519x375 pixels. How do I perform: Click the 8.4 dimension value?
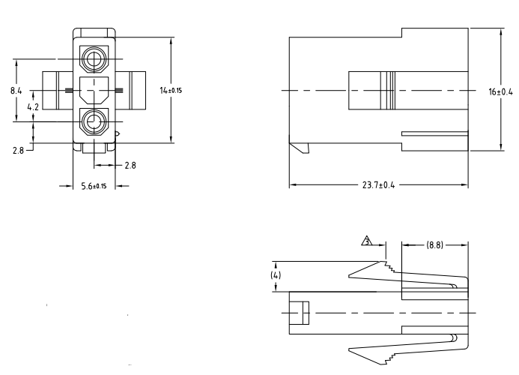[x=16, y=90]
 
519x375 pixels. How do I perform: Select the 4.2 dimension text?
[x=32, y=107]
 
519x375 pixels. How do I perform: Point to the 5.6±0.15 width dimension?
[x=94, y=185]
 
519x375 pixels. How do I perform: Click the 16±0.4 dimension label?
[x=500, y=91]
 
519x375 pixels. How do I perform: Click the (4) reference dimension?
[x=276, y=276]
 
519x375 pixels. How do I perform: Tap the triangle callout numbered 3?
[x=367, y=241]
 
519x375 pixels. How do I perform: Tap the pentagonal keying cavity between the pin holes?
[x=94, y=90]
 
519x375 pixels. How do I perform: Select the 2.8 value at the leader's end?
[x=18, y=151]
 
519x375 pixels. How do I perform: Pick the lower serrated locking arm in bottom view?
[x=374, y=352]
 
